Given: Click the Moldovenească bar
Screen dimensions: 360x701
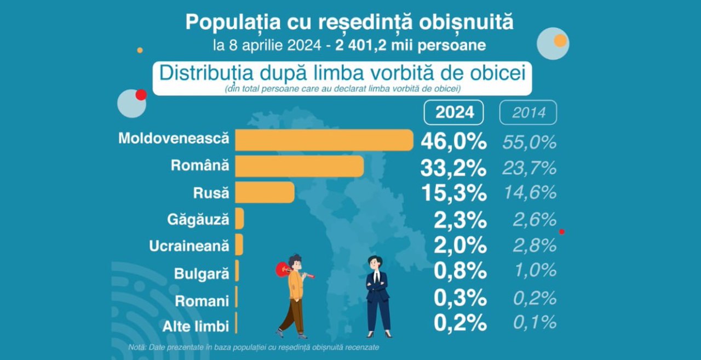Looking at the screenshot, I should coord(324,140).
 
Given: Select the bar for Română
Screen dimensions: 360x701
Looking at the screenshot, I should coord(299,166).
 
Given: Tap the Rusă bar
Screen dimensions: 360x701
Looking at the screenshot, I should coord(265,193).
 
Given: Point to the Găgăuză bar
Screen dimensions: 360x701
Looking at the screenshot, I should coord(239,219).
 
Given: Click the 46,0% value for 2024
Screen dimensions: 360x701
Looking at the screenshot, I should coord(453,141).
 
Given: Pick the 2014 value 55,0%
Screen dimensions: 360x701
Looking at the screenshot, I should coord(529,142).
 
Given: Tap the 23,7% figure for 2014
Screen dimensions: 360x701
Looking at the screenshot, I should coord(529,168).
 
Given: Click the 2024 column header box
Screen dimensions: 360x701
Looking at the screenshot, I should coord(454,112).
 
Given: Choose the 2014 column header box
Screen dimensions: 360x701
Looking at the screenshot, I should coord(528,112).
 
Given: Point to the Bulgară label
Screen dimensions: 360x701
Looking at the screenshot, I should coord(202,273).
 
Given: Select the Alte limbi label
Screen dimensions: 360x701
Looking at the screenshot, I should coord(196,327).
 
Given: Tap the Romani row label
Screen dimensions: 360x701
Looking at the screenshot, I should coord(202,301).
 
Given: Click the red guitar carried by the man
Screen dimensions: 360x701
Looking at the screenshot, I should coord(285,269).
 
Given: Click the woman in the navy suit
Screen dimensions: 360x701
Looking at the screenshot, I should coord(378,296).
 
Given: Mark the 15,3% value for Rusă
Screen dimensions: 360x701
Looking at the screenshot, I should coord(453,193).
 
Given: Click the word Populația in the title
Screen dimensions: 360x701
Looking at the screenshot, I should coord(232,22).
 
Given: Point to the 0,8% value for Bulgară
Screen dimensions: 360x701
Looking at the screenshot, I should coord(460,271).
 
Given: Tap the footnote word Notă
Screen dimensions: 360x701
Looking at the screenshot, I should coord(137,347).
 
